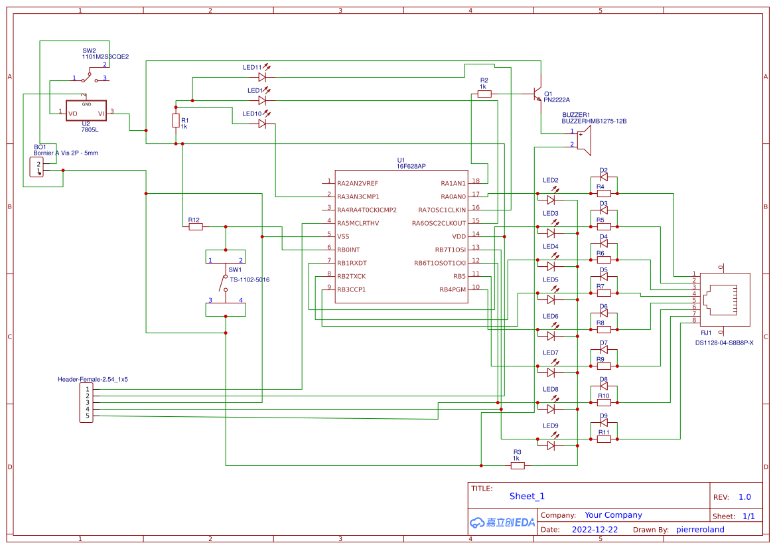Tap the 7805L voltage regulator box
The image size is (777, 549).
[86, 111]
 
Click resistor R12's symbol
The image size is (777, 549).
[195, 226]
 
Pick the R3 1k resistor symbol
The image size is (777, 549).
[518, 465]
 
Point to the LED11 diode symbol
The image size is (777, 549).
[262, 77]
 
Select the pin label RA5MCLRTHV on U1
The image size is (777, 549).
[358, 223]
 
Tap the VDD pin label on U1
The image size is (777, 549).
[459, 236]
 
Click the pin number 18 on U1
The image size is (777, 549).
[476, 181]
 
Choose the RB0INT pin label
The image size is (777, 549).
[348, 250]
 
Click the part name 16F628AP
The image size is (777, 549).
[411, 167]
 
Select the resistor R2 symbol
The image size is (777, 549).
[484, 94]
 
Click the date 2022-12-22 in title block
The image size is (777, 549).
[595, 530]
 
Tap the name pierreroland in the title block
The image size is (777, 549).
[700, 530]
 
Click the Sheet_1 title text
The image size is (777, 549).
[527, 496]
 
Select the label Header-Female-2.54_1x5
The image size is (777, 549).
[92, 379]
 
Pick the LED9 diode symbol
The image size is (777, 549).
[551, 445]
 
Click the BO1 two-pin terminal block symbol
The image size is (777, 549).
[36, 167]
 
